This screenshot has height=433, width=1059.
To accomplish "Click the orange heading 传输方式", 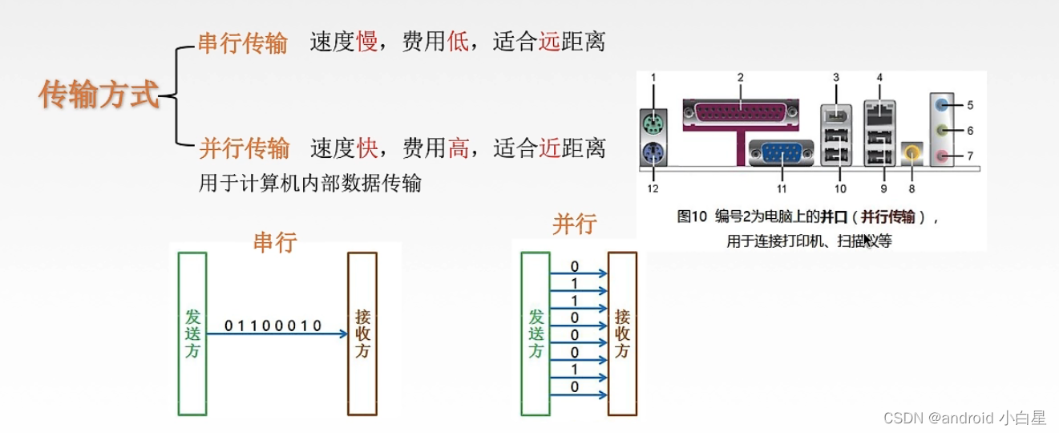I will [99, 95].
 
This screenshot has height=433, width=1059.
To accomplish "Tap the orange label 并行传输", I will [244, 148].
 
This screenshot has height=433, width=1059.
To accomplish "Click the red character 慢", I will [366, 42].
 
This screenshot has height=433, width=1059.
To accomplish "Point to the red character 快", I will [366, 148].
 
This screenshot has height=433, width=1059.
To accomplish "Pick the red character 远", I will [549, 42].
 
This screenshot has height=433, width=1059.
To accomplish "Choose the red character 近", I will [549, 148].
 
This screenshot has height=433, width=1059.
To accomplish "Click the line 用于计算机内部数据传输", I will [309, 184].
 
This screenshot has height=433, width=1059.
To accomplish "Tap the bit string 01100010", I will [273, 326].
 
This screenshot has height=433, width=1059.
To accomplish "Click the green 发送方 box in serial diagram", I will [192, 334].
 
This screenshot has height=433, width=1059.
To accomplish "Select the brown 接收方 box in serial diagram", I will [362, 334].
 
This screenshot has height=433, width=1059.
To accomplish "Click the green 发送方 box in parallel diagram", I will [536, 334].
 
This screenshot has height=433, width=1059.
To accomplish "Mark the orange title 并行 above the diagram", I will [574, 224].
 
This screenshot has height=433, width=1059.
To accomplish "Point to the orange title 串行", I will [275, 242].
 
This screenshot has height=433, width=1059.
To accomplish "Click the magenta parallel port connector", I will [741, 114].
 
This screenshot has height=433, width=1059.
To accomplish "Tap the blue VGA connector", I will [781, 152].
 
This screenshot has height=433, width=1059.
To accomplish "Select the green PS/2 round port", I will [654, 123].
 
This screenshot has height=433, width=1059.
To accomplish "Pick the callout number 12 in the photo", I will [653, 188].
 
